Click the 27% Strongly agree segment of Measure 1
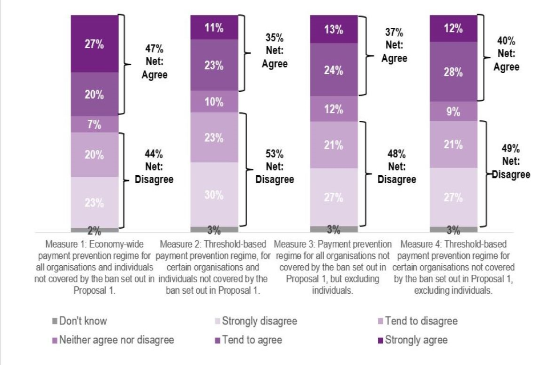95,44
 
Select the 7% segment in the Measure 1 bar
95,124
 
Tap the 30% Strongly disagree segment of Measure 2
214,194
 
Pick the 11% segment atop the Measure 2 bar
214,27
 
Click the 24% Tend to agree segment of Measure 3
333,70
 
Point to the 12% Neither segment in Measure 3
333,109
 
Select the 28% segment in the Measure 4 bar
453,72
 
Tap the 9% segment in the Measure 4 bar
453,111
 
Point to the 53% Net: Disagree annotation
274,167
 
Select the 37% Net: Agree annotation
394,45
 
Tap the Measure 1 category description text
95,267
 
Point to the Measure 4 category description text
453,267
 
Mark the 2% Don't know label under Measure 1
94,231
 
